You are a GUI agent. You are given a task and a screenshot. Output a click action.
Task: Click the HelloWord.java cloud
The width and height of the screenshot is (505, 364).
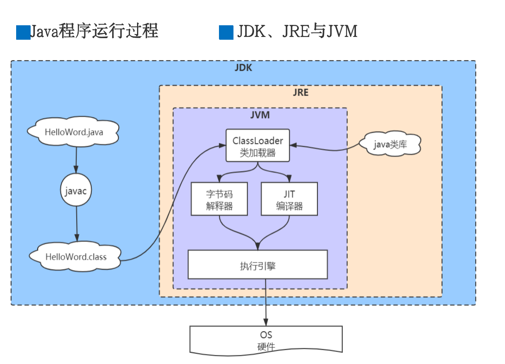[73, 132]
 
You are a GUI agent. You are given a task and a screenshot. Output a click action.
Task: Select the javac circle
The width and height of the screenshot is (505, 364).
[76, 191]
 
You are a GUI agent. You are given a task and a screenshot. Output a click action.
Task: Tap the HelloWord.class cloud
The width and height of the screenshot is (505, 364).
[76, 257]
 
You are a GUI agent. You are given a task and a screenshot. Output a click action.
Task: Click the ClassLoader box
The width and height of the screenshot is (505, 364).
[257, 146]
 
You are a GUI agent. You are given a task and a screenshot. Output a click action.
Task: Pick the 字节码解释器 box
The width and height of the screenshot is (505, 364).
[219, 199]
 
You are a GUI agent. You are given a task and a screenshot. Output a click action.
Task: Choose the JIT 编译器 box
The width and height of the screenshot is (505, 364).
[289, 199]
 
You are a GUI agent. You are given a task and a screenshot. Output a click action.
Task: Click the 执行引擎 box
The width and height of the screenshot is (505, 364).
[257, 265]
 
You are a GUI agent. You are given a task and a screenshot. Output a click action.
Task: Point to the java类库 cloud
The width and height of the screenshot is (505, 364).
[389, 145]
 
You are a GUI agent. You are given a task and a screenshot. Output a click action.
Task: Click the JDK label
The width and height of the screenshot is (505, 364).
[243, 68]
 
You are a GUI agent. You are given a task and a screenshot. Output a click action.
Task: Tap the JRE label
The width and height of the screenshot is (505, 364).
[301, 92]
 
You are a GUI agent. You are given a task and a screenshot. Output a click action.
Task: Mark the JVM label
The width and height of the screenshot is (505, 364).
[260, 115]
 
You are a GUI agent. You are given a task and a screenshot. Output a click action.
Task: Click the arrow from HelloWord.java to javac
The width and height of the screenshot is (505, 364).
[76, 160]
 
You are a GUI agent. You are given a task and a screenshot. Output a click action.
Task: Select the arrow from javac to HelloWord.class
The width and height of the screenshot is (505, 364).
[76, 224]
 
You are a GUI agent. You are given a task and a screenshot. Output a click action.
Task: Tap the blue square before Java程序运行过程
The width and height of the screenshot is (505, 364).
[23, 32]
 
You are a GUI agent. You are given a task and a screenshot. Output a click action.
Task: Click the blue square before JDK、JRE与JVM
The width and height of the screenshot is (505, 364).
[226, 32]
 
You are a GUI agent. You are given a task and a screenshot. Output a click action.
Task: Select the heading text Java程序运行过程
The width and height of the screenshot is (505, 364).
[94, 32]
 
